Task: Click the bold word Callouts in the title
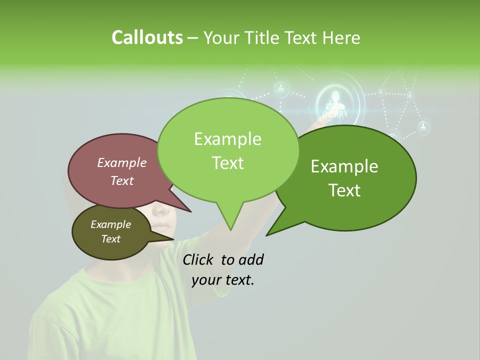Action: (147, 37)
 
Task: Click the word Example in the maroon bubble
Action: (121, 162)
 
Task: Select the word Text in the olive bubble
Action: (110, 239)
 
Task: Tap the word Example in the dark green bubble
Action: (344, 166)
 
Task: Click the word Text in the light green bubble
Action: (227, 162)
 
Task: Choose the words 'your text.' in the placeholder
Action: (223, 280)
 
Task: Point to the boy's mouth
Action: (161, 235)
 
